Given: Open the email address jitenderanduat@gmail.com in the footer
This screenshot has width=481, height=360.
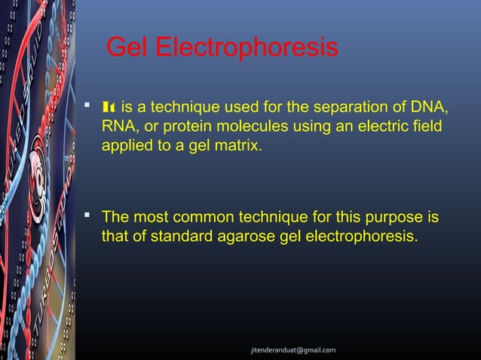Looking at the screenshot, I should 294,350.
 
